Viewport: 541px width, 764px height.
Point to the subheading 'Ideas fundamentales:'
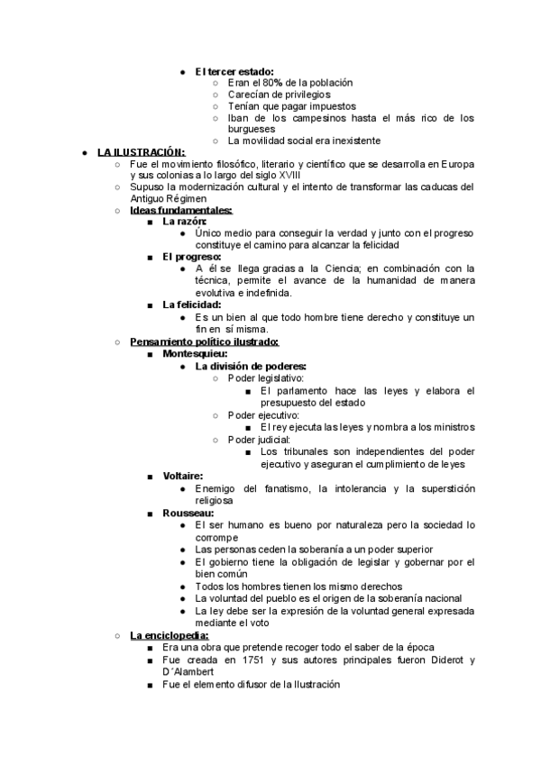[x=180, y=210]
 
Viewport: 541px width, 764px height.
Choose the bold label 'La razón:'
[x=185, y=222]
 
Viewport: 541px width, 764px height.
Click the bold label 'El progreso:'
[x=192, y=257]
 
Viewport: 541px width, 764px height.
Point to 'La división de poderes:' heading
[x=251, y=366]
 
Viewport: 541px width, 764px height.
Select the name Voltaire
[x=182, y=475]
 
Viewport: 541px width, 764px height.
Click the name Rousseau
[x=188, y=512]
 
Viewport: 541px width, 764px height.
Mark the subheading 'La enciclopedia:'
[x=169, y=635]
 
